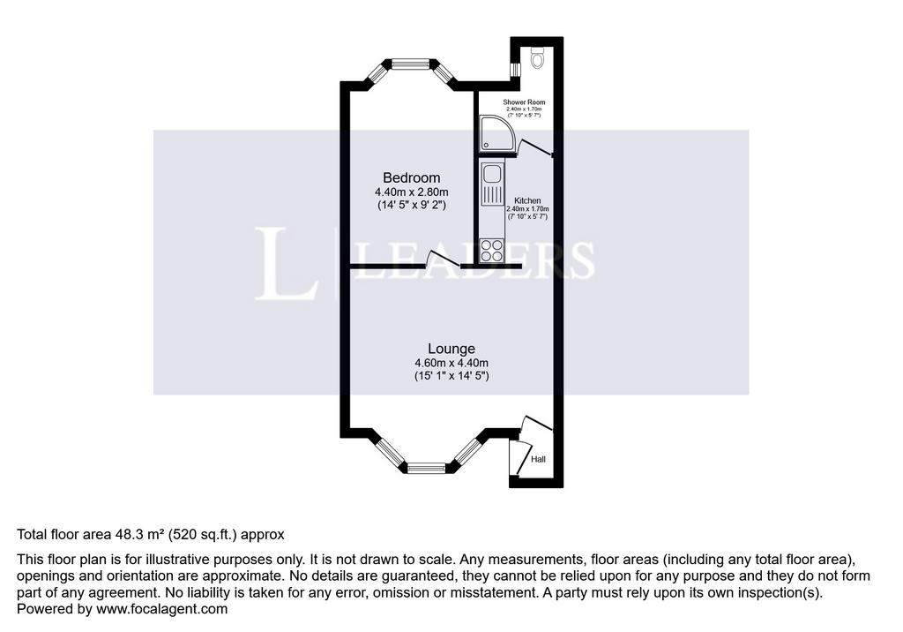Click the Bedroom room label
click(411, 177)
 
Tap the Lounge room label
click(451, 349)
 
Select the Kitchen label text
click(527, 200)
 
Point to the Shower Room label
click(524, 102)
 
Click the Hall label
click(539, 459)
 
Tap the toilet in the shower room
click(537, 57)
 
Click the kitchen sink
click(492, 184)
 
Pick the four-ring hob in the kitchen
click(492, 251)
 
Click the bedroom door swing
click(444, 259)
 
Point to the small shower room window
click(516, 69)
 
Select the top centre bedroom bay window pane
click(411, 64)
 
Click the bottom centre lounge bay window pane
click(426, 468)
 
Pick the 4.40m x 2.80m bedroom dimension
click(411, 192)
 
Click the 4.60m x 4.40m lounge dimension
click(451, 363)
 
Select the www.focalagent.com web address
click(162, 609)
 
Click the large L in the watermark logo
click(287, 263)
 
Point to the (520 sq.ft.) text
click(203, 535)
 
